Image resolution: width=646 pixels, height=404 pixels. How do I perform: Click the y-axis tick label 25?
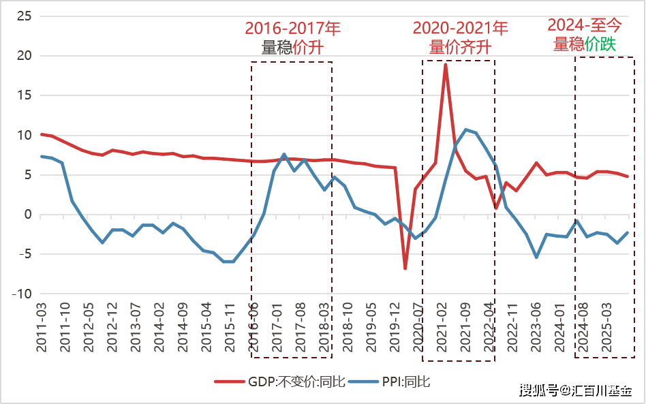click(25, 16)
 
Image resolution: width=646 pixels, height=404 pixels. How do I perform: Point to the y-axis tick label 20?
click(25, 55)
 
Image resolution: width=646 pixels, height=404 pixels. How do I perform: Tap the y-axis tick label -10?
click(22, 294)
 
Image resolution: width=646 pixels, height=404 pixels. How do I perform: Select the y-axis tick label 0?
click(28, 215)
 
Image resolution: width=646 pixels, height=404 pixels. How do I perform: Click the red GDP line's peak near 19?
click(445, 65)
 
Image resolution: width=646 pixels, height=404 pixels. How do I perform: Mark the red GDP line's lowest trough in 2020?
click(405, 268)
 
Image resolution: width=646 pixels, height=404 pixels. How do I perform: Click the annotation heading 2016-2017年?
click(292, 29)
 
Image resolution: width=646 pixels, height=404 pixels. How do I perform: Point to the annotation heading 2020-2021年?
click(460, 29)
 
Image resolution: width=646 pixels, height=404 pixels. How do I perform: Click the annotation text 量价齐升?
click(460, 47)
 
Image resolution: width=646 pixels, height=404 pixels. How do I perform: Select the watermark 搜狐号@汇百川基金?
click(574, 390)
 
